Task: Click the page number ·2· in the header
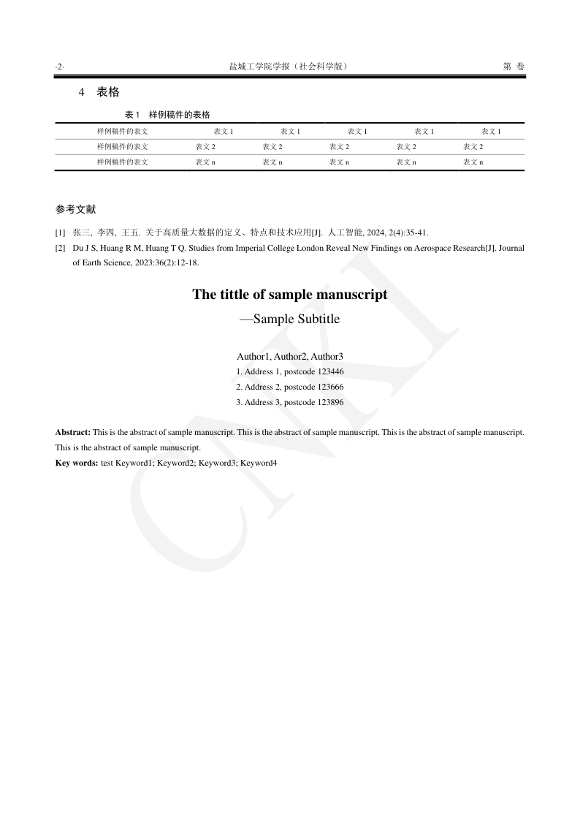click(x=59, y=67)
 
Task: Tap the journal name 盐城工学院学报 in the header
click(x=261, y=67)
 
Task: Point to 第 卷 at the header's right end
click(x=514, y=67)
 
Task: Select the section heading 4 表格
click(x=99, y=92)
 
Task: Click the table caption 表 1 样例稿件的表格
click(x=167, y=115)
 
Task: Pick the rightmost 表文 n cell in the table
click(x=473, y=162)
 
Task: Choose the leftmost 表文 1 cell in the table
click(x=224, y=132)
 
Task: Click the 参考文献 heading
click(x=75, y=209)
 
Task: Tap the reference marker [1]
click(x=60, y=233)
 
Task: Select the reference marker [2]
click(x=60, y=248)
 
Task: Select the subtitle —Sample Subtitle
click(x=290, y=319)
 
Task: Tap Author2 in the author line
click(x=290, y=357)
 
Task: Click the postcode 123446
click(x=330, y=371)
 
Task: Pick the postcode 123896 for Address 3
click(x=330, y=402)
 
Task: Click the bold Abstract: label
click(x=73, y=432)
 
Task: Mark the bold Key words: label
click(x=77, y=463)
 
